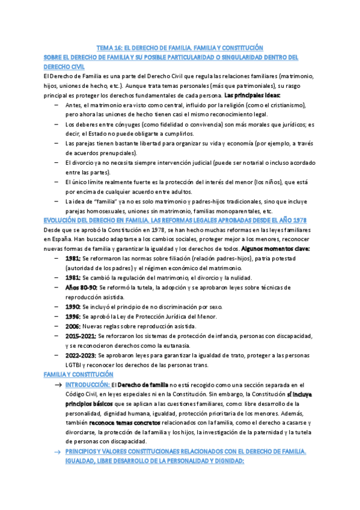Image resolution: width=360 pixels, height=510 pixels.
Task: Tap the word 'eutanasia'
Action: (188, 345)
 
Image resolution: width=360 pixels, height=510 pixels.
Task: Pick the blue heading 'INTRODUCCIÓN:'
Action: (87, 384)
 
